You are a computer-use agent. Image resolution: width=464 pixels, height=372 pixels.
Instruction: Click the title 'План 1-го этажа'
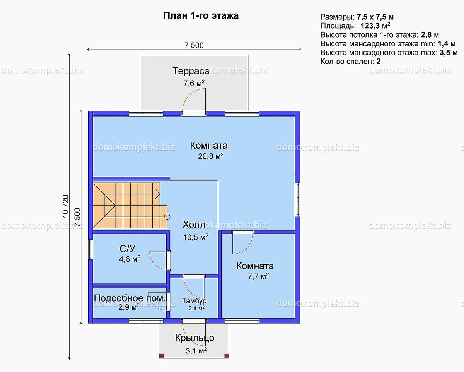[x=201, y=16]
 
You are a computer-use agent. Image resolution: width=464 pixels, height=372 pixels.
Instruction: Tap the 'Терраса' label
[x=191, y=71]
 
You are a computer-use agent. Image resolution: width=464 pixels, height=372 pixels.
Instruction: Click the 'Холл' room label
[x=194, y=225]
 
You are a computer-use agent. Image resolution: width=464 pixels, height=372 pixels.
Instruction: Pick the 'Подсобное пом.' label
[x=130, y=298]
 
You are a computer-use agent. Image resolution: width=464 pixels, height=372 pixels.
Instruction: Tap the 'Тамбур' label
[x=194, y=301]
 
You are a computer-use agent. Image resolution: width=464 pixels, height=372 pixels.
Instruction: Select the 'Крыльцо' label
[x=194, y=338]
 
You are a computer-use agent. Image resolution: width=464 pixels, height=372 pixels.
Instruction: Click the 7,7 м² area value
[x=258, y=276]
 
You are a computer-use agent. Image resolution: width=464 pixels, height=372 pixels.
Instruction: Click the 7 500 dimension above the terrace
[x=194, y=46]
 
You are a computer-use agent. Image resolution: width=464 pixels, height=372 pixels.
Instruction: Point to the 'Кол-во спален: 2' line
[x=351, y=62]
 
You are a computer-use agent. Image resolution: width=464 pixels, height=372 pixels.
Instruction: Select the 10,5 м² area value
[x=196, y=237]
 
